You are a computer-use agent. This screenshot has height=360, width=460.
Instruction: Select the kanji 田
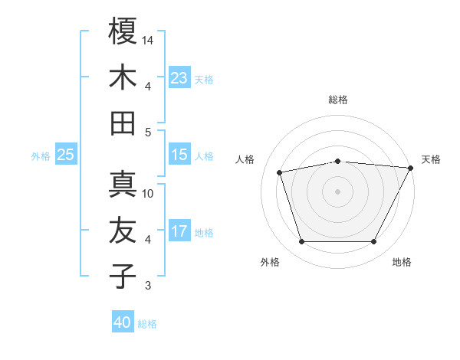(123, 123)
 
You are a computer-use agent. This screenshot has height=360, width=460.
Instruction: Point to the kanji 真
(123, 185)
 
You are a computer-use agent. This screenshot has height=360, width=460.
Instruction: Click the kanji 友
(123, 231)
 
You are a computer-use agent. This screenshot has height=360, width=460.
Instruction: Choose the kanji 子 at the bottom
(123, 277)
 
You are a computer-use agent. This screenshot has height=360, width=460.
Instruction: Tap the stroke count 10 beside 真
(149, 193)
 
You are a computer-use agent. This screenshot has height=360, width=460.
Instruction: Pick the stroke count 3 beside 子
(148, 286)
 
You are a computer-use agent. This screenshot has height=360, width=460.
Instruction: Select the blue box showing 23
(179, 77)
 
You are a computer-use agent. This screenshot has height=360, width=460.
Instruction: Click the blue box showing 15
(179, 155)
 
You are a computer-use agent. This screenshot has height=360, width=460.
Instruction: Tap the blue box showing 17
(179, 231)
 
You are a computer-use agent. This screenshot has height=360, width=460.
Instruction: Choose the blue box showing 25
(66, 155)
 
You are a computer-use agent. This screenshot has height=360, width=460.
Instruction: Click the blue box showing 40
(123, 322)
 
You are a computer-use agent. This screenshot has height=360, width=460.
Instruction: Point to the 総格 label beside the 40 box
(147, 324)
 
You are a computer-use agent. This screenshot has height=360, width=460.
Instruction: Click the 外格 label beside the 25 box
(41, 156)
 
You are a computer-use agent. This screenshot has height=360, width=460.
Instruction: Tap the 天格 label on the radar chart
(431, 159)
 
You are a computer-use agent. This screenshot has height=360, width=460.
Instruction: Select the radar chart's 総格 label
(338, 100)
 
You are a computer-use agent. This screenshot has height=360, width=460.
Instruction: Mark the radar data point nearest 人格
(280, 172)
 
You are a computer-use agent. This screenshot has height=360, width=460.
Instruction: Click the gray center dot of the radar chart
(337, 191)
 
